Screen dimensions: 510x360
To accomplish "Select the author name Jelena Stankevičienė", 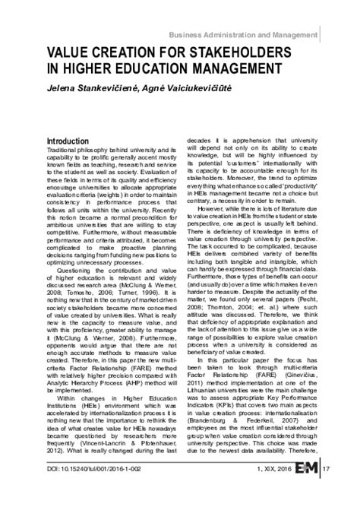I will (x=93, y=89).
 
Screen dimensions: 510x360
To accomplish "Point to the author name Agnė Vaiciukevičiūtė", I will (x=197, y=89).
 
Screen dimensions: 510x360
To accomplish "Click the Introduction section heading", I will (x=73, y=142).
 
